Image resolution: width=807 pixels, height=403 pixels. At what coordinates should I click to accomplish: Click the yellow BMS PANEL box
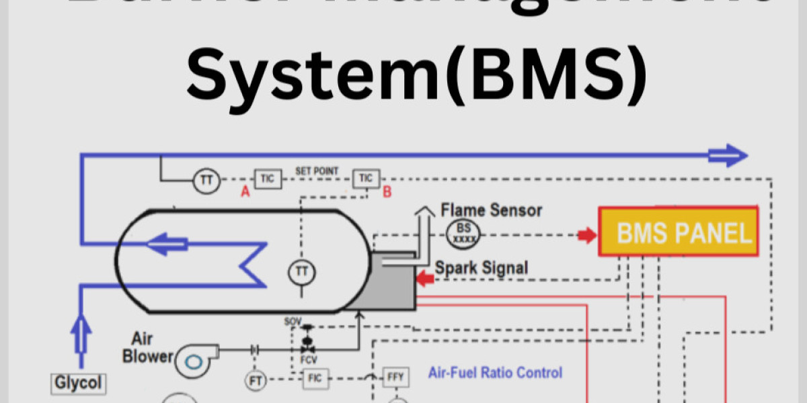(678, 232)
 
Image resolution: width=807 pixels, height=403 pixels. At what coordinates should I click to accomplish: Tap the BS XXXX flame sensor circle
(461, 233)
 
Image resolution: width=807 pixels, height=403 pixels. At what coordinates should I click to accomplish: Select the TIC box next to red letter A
(268, 178)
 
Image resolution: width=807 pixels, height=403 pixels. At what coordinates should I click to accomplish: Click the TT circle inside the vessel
(301, 272)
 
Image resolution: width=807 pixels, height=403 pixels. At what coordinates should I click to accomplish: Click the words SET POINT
(317, 171)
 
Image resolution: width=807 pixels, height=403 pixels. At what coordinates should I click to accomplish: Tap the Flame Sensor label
(492, 210)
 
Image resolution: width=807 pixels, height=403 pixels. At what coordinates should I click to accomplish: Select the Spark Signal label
(482, 267)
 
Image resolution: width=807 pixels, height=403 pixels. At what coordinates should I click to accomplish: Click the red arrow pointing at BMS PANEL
(587, 235)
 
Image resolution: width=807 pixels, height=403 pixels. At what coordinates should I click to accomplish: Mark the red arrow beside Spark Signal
(425, 277)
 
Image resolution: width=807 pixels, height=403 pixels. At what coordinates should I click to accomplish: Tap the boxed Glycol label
(79, 384)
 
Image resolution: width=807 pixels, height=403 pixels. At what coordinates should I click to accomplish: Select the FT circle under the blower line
(256, 381)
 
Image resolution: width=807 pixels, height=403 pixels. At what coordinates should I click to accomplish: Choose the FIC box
(315, 379)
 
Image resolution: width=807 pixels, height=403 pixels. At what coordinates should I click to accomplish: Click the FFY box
(395, 377)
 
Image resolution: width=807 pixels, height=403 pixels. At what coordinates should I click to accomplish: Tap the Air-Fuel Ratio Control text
(495, 372)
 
